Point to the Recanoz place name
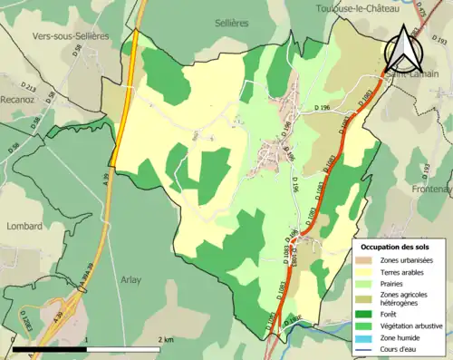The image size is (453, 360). pyautogui.click(x=18, y=100)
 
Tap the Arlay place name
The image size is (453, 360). pyautogui.click(x=133, y=280)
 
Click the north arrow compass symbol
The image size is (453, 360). pyautogui.click(x=402, y=50)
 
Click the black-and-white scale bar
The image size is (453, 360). pyautogui.click(x=86, y=348)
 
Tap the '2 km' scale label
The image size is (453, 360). pyautogui.click(x=165, y=339)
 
